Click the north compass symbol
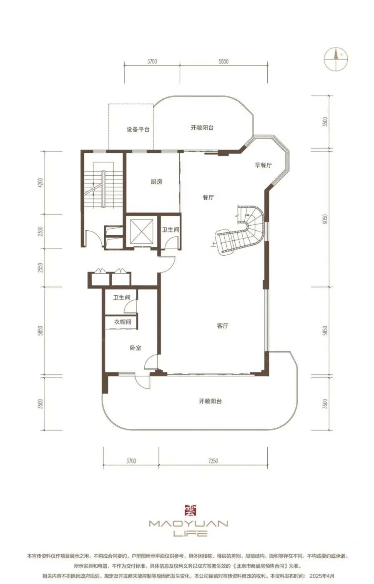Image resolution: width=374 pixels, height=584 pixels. [336, 59]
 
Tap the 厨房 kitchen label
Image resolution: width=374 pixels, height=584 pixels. [156, 182]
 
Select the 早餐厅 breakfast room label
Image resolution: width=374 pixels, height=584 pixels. [263, 165]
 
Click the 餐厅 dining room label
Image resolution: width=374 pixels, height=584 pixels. [208, 197]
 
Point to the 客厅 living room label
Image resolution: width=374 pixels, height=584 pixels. [223, 326]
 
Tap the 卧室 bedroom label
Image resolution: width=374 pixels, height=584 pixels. [136, 348]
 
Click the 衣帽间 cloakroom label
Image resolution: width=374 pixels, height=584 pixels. [123, 322]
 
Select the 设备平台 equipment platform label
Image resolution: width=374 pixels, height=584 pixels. [138, 129]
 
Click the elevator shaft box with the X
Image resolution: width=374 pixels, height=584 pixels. [141, 231]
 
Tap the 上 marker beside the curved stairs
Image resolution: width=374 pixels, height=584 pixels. [213, 244]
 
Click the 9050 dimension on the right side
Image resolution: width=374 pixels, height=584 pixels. [325, 219]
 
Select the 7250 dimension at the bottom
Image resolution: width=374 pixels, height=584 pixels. [213, 461]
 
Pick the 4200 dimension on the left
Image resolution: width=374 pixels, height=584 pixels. [40, 183]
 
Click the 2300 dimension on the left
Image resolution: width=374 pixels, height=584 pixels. [40, 231]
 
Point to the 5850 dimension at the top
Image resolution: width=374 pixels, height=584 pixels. [223, 62]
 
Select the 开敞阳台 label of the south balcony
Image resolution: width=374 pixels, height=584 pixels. [210, 401]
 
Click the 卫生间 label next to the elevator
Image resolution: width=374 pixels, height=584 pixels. [171, 230]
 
